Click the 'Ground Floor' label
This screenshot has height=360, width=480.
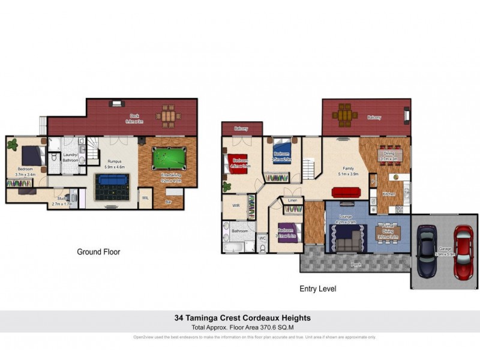point(98,252)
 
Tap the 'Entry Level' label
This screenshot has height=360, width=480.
point(317,289)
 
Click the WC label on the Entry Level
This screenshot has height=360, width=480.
point(262,238)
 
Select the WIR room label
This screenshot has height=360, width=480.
point(236,205)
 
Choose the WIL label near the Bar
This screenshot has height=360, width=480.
point(145,197)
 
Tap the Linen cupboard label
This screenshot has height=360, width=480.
point(292,200)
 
